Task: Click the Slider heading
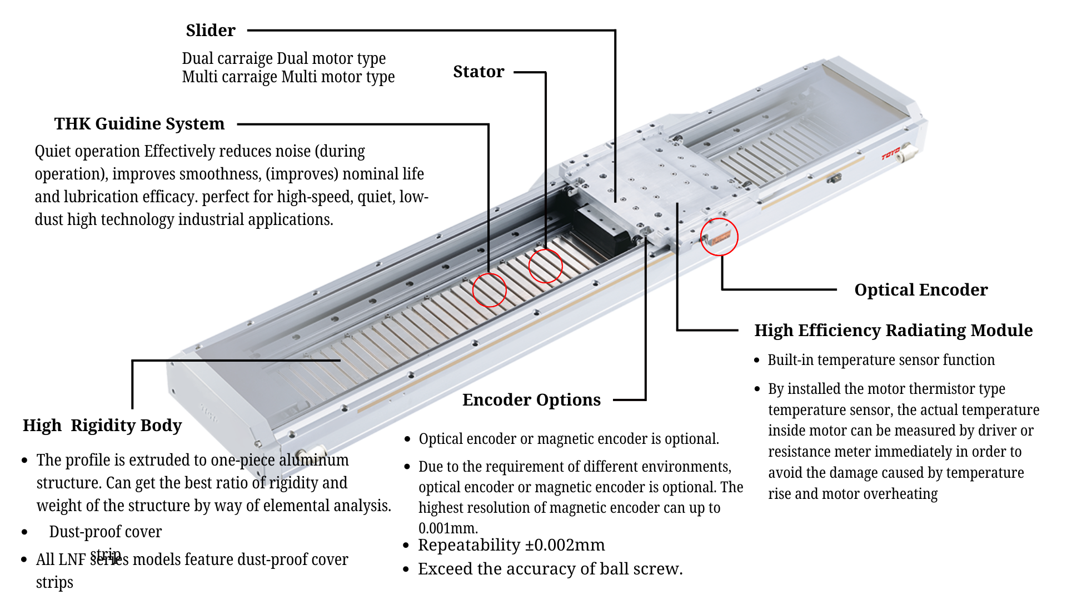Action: tap(211, 31)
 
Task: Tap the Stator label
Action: tap(478, 72)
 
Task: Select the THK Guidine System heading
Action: tap(139, 123)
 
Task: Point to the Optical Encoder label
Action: tap(921, 289)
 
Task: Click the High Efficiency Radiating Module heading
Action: tap(893, 330)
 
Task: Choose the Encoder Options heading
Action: tap(531, 399)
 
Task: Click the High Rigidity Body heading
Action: tap(102, 425)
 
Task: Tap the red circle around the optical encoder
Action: tap(719, 237)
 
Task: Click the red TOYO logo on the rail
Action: tap(890, 153)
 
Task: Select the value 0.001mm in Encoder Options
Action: tap(448, 528)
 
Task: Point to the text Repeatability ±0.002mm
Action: tap(511, 545)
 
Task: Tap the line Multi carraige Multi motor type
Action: tap(288, 77)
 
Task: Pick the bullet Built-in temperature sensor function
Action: tap(881, 360)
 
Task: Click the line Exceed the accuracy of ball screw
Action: tap(550, 569)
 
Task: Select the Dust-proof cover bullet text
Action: tap(106, 532)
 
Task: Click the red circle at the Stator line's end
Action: tap(546, 266)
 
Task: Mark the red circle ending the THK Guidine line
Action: tap(489, 289)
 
